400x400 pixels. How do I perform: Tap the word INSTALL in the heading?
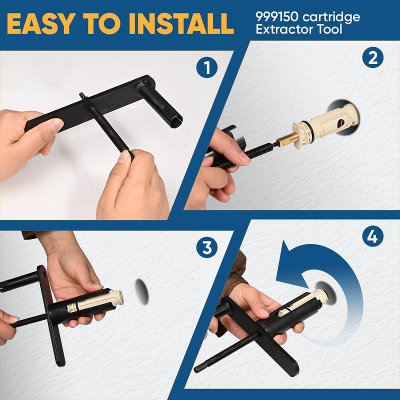(181, 23)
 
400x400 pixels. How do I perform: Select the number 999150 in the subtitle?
(277, 16)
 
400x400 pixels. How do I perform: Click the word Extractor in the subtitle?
(284, 29)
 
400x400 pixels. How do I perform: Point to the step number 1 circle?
(207, 67)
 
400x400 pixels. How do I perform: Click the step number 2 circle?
(372, 57)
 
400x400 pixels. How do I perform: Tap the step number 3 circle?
(207, 247)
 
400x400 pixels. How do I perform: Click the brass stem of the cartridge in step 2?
(286, 138)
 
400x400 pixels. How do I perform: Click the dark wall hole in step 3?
(141, 291)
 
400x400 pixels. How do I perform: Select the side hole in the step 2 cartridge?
(341, 123)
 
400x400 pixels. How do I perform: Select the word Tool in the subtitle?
(329, 29)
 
